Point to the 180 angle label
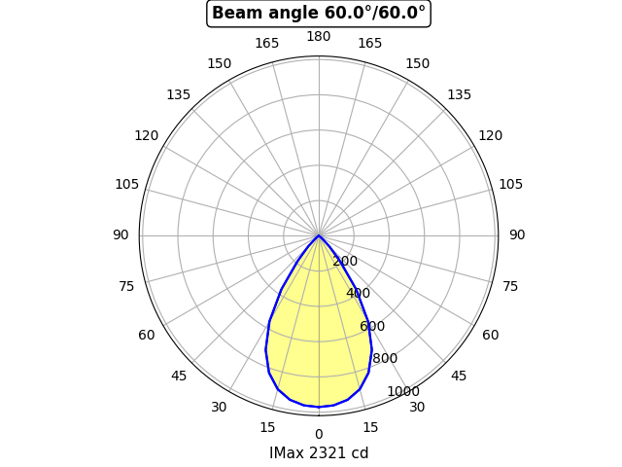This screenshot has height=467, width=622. (319, 37)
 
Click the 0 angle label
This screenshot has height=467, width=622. (319, 435)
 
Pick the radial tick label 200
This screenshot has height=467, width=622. (345, 261)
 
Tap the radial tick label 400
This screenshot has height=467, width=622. (358, 293)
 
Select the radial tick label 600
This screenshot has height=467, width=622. (371, 326)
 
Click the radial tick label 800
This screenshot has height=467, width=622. (385, 358)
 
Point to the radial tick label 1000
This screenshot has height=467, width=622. (402, 391)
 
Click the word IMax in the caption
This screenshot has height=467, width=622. (288, 453)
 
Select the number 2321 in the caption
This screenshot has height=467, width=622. (328, 453)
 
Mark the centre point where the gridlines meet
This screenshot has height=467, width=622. (319, 235)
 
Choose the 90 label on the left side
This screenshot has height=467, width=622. (121, 235)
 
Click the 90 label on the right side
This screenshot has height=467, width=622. (517, 235)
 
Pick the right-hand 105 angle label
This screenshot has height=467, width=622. (510, 185)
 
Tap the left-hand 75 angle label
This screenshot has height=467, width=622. (126, 287)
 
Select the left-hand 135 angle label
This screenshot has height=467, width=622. (178, 95)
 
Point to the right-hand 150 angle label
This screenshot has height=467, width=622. (418, 64)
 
